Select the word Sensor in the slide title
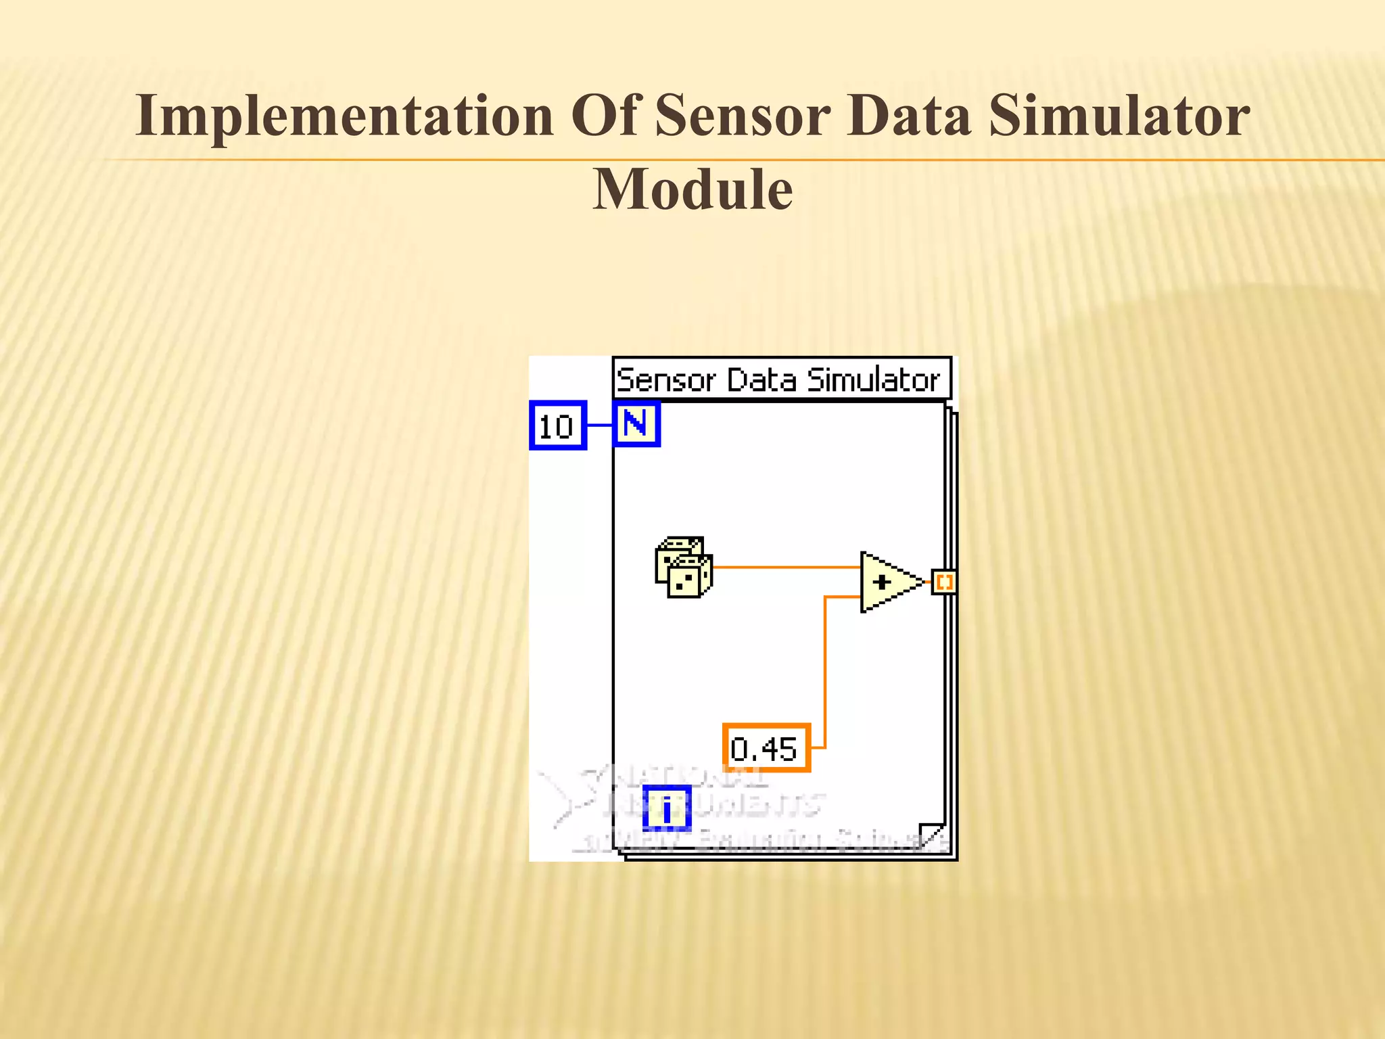click(x=742, y=116)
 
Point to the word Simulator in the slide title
click(x=1119, y=116)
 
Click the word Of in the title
click(x=605, y=116)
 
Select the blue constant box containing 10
click(x=557, y=425)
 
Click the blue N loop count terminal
click(x=636, y=424)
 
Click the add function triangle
click(x=887, y=582)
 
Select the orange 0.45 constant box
click(x=766, y=748)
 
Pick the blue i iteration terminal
click(x=667, y=808)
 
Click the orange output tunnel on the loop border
click(x=944, y=582)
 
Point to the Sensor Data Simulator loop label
click(x=780, y=379)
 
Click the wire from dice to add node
click(x=784, y=567)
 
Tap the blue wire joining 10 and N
click(x=599, y=425)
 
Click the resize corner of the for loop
click(x=932, y=835)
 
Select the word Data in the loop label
click(x=764, y=379)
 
